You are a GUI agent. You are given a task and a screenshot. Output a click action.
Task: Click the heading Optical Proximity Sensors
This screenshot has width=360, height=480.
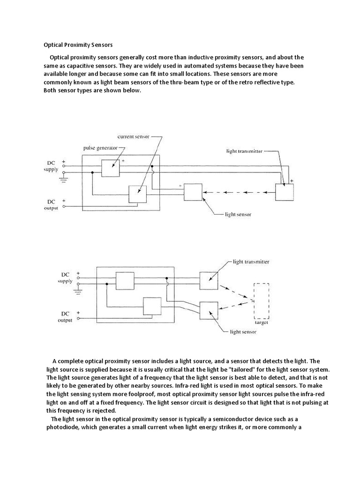pyautogui.click(x=78, y=45)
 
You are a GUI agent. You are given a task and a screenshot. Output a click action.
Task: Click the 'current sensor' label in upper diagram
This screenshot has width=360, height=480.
pyautogui.click(x=134, y=136)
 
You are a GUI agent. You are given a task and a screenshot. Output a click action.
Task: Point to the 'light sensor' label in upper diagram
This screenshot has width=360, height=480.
pyautogui.click(x=238, y=214)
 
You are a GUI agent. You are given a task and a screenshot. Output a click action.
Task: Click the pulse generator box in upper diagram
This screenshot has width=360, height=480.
pyautogui.click(x=111, y=168)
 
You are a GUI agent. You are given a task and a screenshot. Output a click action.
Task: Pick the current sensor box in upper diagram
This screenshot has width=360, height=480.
pyautogui.click(x=137, y=194)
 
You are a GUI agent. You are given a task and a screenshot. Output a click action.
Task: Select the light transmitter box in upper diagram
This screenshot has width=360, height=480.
pyautogui.click(x=284, y=192)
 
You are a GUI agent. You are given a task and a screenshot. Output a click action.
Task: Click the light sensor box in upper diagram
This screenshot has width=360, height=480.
pyautogui.click(x=193, y=192)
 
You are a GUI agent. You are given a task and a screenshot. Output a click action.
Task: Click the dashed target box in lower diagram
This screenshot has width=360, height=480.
pyautogui.click(x=261, y=300)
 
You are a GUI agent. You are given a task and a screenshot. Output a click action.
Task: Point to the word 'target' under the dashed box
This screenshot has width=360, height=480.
pyautogui.click(x=261, y=322)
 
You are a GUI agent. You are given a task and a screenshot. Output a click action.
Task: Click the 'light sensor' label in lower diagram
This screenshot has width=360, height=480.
pyautogui.click(x=242, y=332)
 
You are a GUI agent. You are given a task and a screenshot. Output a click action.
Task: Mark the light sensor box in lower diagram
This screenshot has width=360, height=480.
pyautogui.click(x=209, y=310)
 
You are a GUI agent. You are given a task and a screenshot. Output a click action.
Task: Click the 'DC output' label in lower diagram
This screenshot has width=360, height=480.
pyautogui.click(x=65, y=317)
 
